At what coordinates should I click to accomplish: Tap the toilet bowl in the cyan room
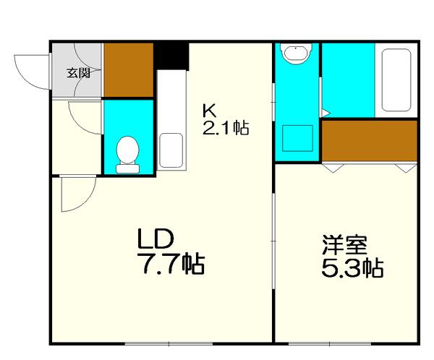click(x=127, y=154)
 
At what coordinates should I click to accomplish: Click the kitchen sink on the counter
click(x=171, y=150)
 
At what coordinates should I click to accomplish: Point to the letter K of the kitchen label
click(x=208, y=111)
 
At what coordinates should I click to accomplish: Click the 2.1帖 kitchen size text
click(x=226, y=129)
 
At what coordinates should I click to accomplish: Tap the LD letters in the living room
click(x=154, y=238)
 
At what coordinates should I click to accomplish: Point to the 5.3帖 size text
click(x=352, y=269)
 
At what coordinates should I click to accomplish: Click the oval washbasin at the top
click(x=295, y=53)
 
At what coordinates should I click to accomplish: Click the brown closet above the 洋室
click(x=369, y=140)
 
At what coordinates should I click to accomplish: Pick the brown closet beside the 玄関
click(x=129, y=71)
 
